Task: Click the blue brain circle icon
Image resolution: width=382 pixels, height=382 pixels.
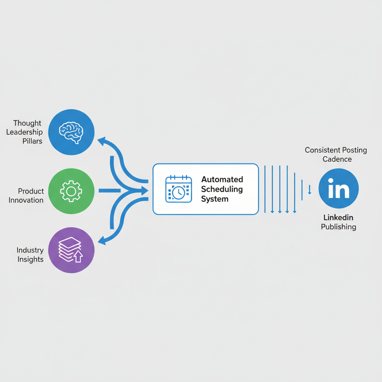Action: click(72, 132)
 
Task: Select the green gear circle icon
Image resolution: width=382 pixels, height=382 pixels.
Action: click(72, 191)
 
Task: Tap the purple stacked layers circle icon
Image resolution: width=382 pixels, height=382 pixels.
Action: click(72, 250)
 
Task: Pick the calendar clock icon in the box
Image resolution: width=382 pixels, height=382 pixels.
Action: click(178, 190)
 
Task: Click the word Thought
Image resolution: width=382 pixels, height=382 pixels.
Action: click(27, 123)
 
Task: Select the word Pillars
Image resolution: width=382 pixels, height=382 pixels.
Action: click(32, 141)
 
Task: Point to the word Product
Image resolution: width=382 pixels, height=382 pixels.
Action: click(31, 191)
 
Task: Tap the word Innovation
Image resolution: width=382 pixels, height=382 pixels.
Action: click(26, 200)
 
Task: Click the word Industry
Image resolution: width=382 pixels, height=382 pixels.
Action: click(30, 250)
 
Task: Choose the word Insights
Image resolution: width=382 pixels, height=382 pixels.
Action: click(31, 259)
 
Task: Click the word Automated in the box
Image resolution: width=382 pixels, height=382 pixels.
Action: click(222, 179)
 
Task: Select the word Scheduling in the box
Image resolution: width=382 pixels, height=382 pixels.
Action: click(222, 189)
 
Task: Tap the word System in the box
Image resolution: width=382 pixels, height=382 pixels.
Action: click(215, 199)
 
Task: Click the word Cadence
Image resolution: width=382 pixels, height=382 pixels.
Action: click(337, 159)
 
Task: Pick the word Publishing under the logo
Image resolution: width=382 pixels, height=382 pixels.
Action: click(338, 227)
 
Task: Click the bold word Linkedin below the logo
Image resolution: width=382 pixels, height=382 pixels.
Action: click(338, 217)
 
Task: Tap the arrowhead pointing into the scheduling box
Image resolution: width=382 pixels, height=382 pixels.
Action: click(144, 191)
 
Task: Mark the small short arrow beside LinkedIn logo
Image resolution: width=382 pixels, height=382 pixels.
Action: click(309, 190)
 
